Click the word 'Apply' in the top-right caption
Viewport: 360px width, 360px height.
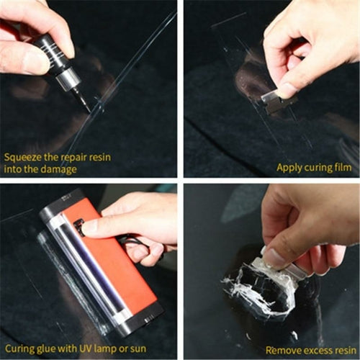tap(289, 167)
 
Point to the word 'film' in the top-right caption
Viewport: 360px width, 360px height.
tap(341, 167)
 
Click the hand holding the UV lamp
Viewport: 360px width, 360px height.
tap(144, 223)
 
